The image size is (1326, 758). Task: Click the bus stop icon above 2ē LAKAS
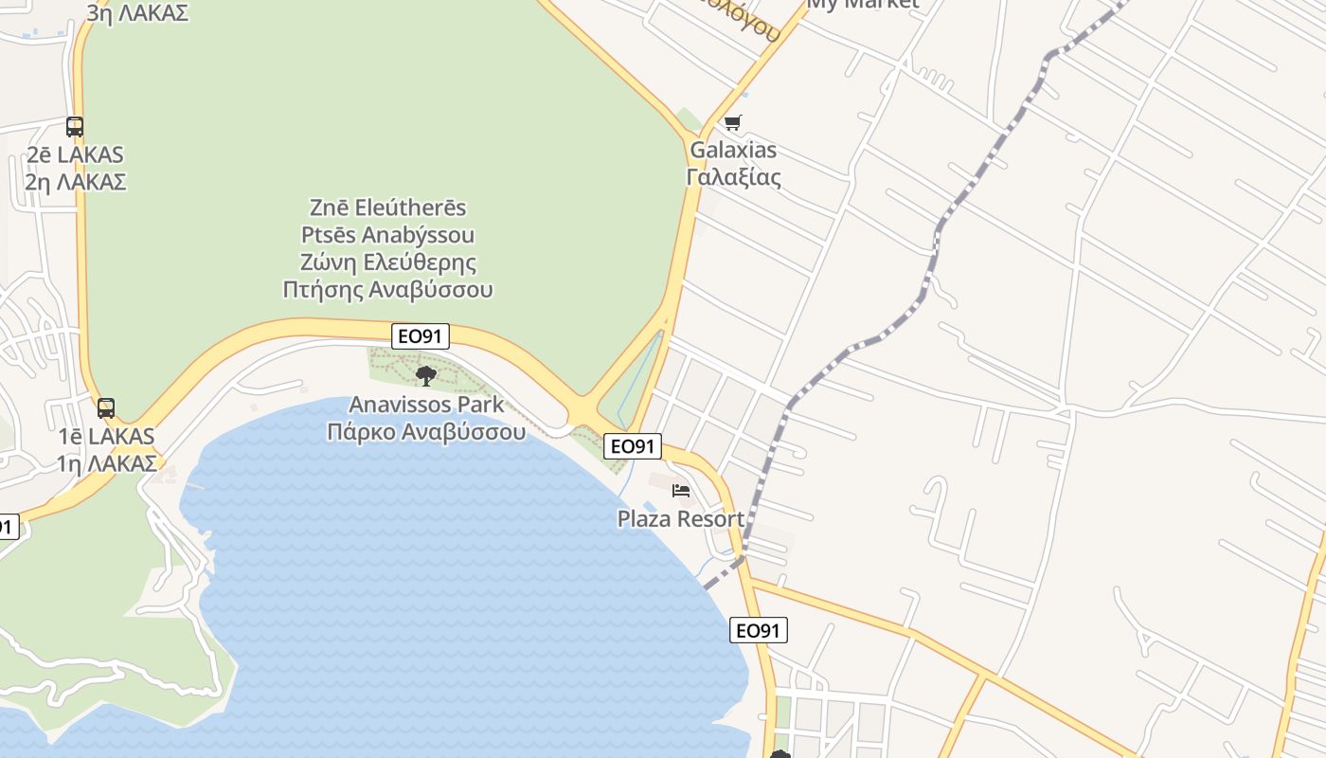pyautogui.click(x=74, y=126)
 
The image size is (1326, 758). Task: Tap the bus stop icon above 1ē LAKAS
pyautogui.click(x=106, y=408)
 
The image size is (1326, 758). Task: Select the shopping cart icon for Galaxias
pyautogui.click(x=732, y=123)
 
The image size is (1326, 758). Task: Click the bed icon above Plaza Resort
pyautogui.click(x=680, y=491)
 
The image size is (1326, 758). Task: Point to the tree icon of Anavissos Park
pyautogui.click(x=426, y=375)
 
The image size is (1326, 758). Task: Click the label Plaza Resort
pyautogui.click(x=680, y=519)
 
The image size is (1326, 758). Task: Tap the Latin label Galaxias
pyautogui.click(x=733, y=150)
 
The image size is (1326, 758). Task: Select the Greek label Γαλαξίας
pyautogui.click(x=733, y=177)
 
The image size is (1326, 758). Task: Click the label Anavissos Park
pyautogui.click(x=426, y=405)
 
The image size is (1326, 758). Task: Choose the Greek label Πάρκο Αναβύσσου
pyautogui.click(x=426, y=432)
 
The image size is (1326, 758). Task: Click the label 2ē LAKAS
pyautogui.click(x=76, y=154)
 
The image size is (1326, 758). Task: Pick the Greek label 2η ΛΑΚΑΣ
pyautogui.click(x=76, y=182)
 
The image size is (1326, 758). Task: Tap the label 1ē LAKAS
pyautogui.click(x=106, y=437)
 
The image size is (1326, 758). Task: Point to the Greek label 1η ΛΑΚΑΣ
pyautogui.click(x=106, y=463)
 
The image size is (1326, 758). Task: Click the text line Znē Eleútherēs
pyautogui.click(x=388, y=208)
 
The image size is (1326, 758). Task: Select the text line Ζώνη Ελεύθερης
pyautogui.click(x=388, y=262)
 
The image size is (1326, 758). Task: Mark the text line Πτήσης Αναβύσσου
pyautogui.click(x=388, y=289)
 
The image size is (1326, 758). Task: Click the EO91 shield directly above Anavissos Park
pyautogui.click(x=421, y=335)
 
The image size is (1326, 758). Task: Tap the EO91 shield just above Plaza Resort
pyautogui.click(x=633, y=446)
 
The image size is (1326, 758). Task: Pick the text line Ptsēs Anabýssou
pyautogui.click(x=388, y=235)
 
